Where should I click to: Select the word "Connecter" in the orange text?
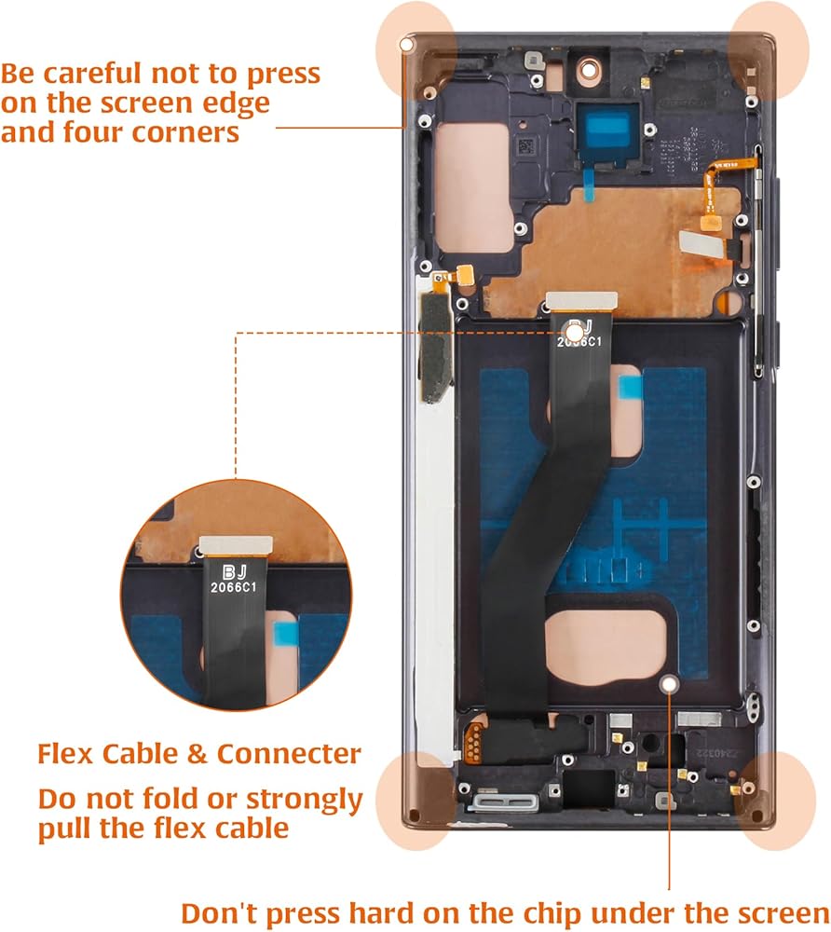click(289, 754)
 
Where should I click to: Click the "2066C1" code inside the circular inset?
click(234, 587)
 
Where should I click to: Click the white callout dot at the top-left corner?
click(406, 44)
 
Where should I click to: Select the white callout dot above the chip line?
click(670, 684)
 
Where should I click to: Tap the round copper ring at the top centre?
click(588, 70)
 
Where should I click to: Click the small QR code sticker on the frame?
click(524, 145)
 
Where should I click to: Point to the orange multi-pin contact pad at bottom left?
click(475, 744)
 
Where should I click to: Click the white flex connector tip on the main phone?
click(581, 301)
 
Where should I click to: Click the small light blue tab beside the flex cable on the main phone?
click(630, 388)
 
